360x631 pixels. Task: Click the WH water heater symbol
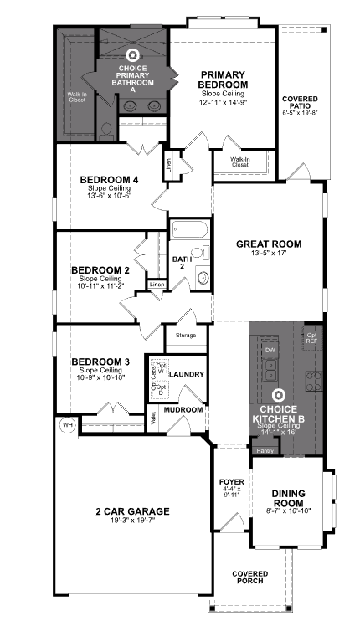[x=66, y=426]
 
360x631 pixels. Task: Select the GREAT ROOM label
[x=263, y=244]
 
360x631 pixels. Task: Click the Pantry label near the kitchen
[x=265, y=450]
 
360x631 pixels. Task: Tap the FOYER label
[x=231, y=484]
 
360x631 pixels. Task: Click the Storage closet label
[x=186, y=336]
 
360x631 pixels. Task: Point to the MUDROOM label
[x=184, y=409]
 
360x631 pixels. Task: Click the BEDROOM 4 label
[x=109, y=180]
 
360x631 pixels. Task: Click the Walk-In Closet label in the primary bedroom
[x=240, y=162]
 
